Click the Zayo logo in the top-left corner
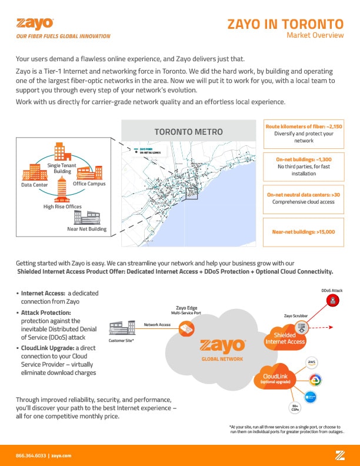[x=36, y=24]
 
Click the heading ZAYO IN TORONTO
[x=285, y=24]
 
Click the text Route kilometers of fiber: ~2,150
[x=304, y=127]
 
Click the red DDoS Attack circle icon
[x=332, y=302]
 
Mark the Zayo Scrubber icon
[x=301, y=326]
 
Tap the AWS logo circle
[x=312, y=362]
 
